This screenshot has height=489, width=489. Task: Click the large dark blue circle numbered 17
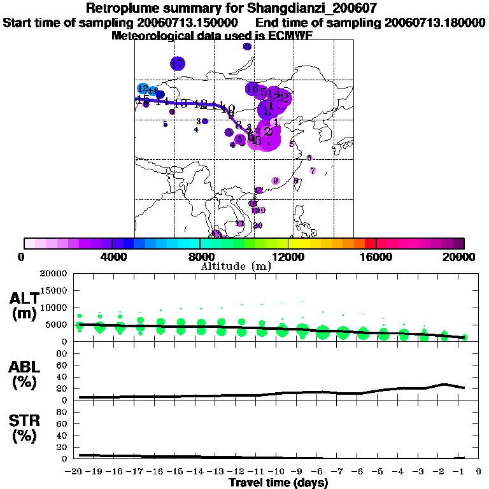[178, 64]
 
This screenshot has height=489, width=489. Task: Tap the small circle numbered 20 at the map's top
[248, 46]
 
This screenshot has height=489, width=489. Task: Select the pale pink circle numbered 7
[313, 171]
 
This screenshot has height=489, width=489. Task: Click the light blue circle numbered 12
[143, 89]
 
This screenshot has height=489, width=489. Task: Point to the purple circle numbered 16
[253, 89]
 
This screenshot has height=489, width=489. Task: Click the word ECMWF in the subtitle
[292, 36]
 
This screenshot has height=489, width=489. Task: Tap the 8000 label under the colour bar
[200, 257]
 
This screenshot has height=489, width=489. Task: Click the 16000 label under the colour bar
[376, 257]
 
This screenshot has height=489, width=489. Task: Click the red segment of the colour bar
[371, 243]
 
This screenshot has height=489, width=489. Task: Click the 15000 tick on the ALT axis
[57, 290]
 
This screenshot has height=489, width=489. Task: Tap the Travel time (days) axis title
[278, 483]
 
